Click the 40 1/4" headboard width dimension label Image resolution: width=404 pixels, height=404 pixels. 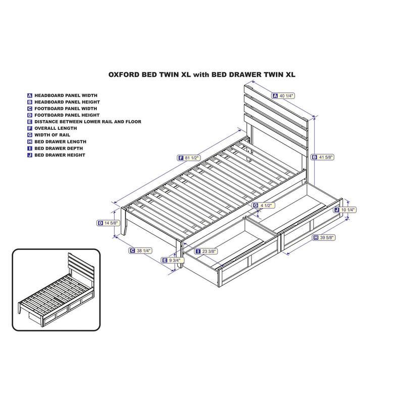[x=283, y=96]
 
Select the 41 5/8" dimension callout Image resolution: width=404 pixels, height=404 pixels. [x=323, y=157]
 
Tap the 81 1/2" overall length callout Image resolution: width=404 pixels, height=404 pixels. [x=189, y=158]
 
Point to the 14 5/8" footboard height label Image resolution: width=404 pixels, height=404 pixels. [x=108, y=223]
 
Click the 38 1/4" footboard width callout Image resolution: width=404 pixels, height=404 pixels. [x=140, y=250]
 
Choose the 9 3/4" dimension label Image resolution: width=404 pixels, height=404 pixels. [x=172, y=260]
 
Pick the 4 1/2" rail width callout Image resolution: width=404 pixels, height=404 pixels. [x=263, y=206]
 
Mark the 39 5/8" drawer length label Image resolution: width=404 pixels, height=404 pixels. [x=324, y=237]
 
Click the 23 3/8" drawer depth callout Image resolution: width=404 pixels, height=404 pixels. [x=207, y=251]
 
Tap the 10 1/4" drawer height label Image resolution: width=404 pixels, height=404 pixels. [x=345, y=210]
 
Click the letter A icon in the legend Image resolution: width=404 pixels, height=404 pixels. [x=30, y=95]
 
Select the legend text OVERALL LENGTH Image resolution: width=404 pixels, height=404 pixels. [x=56, y=128]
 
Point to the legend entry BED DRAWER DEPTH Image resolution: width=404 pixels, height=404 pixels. [x=59, y=148]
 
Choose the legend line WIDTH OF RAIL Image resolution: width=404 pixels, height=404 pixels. [x=53, y=135]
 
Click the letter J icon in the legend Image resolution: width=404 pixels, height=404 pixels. [x=30, y=155]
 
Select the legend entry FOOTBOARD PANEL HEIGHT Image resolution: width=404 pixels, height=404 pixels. [x=67, y=115]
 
